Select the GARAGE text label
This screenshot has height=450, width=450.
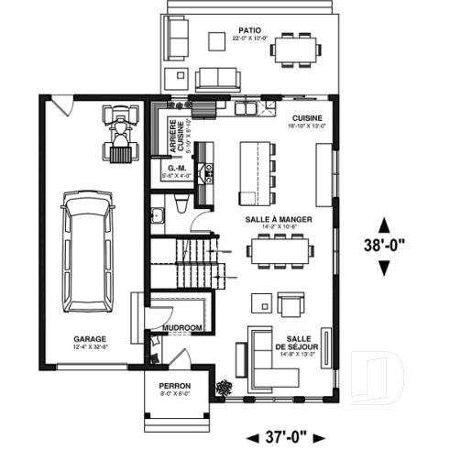pyautogui.click(x=89, y=338)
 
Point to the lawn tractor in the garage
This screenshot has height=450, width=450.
pyautogui.click(x=118, y=131)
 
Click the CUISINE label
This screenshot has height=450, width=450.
pyautogui.click(x=307, y=119)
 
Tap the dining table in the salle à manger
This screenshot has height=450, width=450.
pyautogui.click(x=280, y=247)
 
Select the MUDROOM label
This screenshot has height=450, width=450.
pyautogui.click(x=181, y=327)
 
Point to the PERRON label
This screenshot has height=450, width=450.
pyautogui.click(x=173, y=386)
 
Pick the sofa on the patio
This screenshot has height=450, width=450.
pyautogui.click(x=216, y=76)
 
